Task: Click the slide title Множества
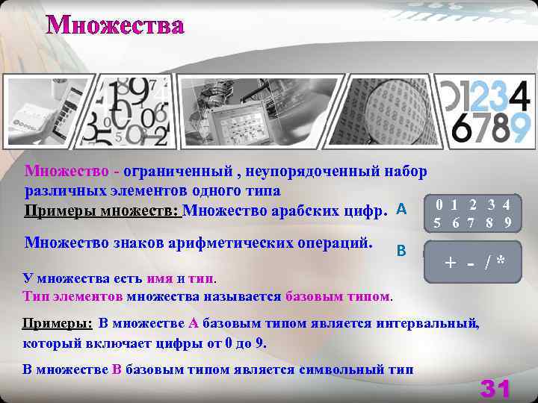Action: tap(115, 25)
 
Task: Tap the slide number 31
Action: tap(495, 388)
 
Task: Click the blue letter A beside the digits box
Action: tap(401, 209)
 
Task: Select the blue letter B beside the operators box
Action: tap(401, 250)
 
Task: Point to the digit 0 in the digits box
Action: tap(442, 204)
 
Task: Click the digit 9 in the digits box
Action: tap(507, 222)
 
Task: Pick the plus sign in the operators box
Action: tap(450, 262)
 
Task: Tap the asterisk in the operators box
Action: tap(500, 262)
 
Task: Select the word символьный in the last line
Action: tap(338, 369)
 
